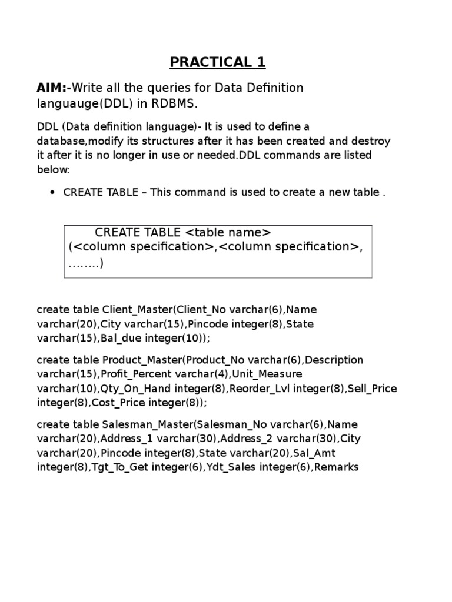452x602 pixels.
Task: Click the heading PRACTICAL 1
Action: [218, 62]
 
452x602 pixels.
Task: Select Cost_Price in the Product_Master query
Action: [123, 403]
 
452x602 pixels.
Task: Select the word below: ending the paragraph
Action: [54, 170]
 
